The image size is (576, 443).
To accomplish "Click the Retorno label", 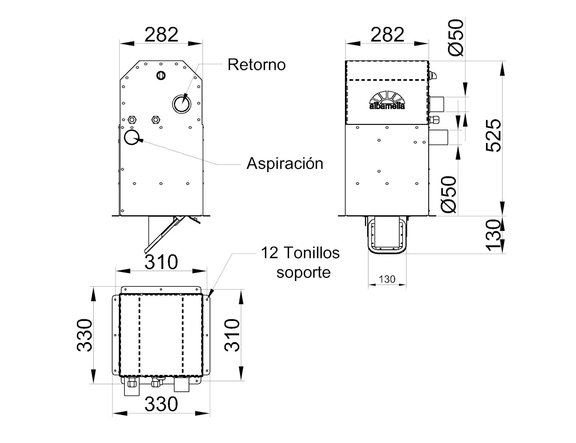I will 256,65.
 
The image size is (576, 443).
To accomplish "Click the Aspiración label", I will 285,164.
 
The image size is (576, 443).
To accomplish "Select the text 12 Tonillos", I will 300,253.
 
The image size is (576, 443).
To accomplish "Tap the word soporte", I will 303,273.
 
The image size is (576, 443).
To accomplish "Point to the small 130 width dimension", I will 387,279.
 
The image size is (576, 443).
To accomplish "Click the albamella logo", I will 387,101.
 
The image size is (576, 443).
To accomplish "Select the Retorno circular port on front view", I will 182,104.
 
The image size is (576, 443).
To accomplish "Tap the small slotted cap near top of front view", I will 161,75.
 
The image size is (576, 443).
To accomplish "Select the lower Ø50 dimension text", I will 449,194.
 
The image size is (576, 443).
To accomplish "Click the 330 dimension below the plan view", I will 161,404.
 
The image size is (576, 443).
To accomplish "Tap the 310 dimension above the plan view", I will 161,262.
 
